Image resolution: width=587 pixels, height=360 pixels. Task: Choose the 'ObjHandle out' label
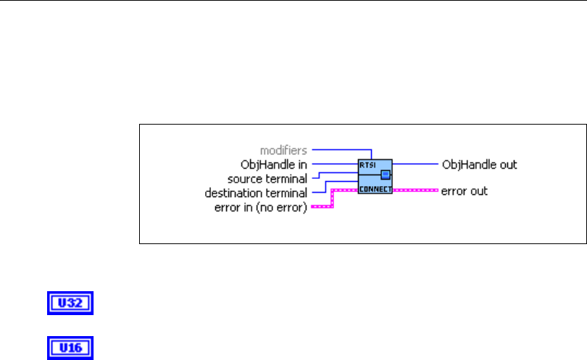click(479, 164)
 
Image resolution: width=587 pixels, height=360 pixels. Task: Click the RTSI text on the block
click(367, 164)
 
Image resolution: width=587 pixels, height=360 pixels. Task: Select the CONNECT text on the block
click(375, 190)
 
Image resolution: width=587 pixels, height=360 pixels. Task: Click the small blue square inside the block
click(386, 175)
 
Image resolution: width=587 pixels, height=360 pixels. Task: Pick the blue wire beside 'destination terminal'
click(319, 193)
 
